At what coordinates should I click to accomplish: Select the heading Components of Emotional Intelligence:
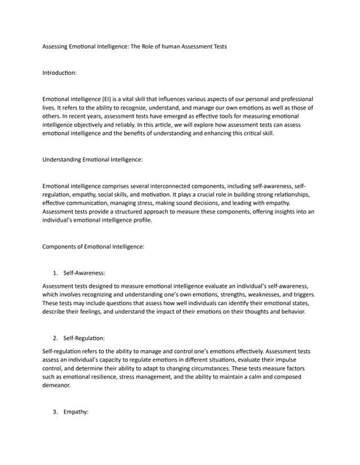click(x=94, y=246)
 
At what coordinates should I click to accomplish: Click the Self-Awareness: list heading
click(x=84, y=272)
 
